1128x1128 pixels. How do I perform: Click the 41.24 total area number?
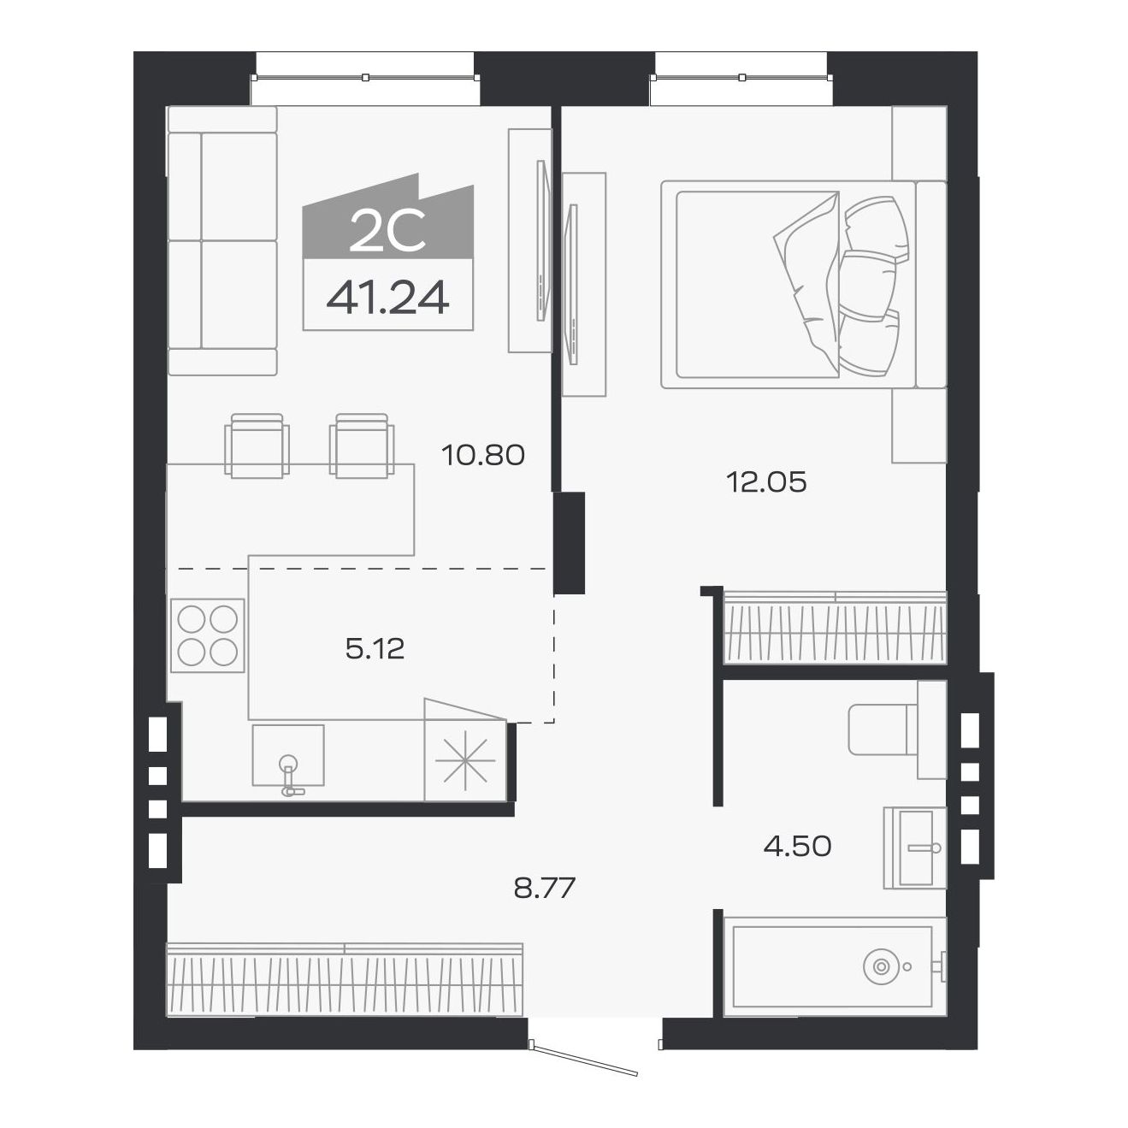(387, 298)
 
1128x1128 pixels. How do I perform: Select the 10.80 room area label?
(483, 455)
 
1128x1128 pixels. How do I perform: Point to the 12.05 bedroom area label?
(766, 482)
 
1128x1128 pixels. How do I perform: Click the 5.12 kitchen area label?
(375, 648)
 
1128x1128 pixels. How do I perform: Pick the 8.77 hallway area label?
(545, 888)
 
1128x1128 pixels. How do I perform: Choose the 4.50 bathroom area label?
(797, 846)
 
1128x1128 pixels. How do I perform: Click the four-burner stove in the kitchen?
(207, 635)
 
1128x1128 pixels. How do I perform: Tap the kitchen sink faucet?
(290, 775)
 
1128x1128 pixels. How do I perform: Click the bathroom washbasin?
(914, 847)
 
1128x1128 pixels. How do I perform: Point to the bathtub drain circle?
(881, 966)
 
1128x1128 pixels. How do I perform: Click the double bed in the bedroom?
(804, 285)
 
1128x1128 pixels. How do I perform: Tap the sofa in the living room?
(221, 240)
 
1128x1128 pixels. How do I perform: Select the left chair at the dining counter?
(257, 445)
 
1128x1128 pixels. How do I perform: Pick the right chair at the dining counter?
(362, 445)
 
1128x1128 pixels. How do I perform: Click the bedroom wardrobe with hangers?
(836, 628)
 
